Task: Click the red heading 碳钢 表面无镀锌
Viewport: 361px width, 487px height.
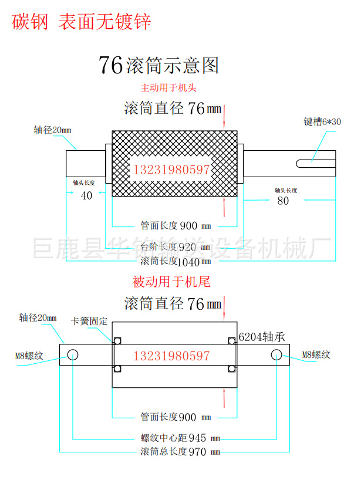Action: tap(82, 22)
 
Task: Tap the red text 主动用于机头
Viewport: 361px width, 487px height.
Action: tap(168, 89)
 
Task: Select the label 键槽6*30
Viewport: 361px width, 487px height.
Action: tap(322, 121)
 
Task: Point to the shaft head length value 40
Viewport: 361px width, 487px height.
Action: tap(87, 196)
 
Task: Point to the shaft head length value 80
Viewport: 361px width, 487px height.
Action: tap(283, 201)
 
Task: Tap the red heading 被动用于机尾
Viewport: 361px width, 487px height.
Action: tap(171, 282)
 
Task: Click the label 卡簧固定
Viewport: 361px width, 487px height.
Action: tap(90, 321)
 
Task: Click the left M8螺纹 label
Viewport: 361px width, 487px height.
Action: tap(30, 355)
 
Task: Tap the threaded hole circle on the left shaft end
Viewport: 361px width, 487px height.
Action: tap(73, 355)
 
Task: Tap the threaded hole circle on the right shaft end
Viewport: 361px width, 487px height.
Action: tap(276, 355)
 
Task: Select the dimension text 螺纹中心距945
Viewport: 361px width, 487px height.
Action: tap(180, 438)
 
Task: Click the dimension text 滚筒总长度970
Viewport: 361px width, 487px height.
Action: tap(180, 451)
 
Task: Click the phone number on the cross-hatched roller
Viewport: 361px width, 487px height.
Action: tap(172, 170)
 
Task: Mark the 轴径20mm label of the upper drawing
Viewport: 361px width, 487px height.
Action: tap(52, 130)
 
